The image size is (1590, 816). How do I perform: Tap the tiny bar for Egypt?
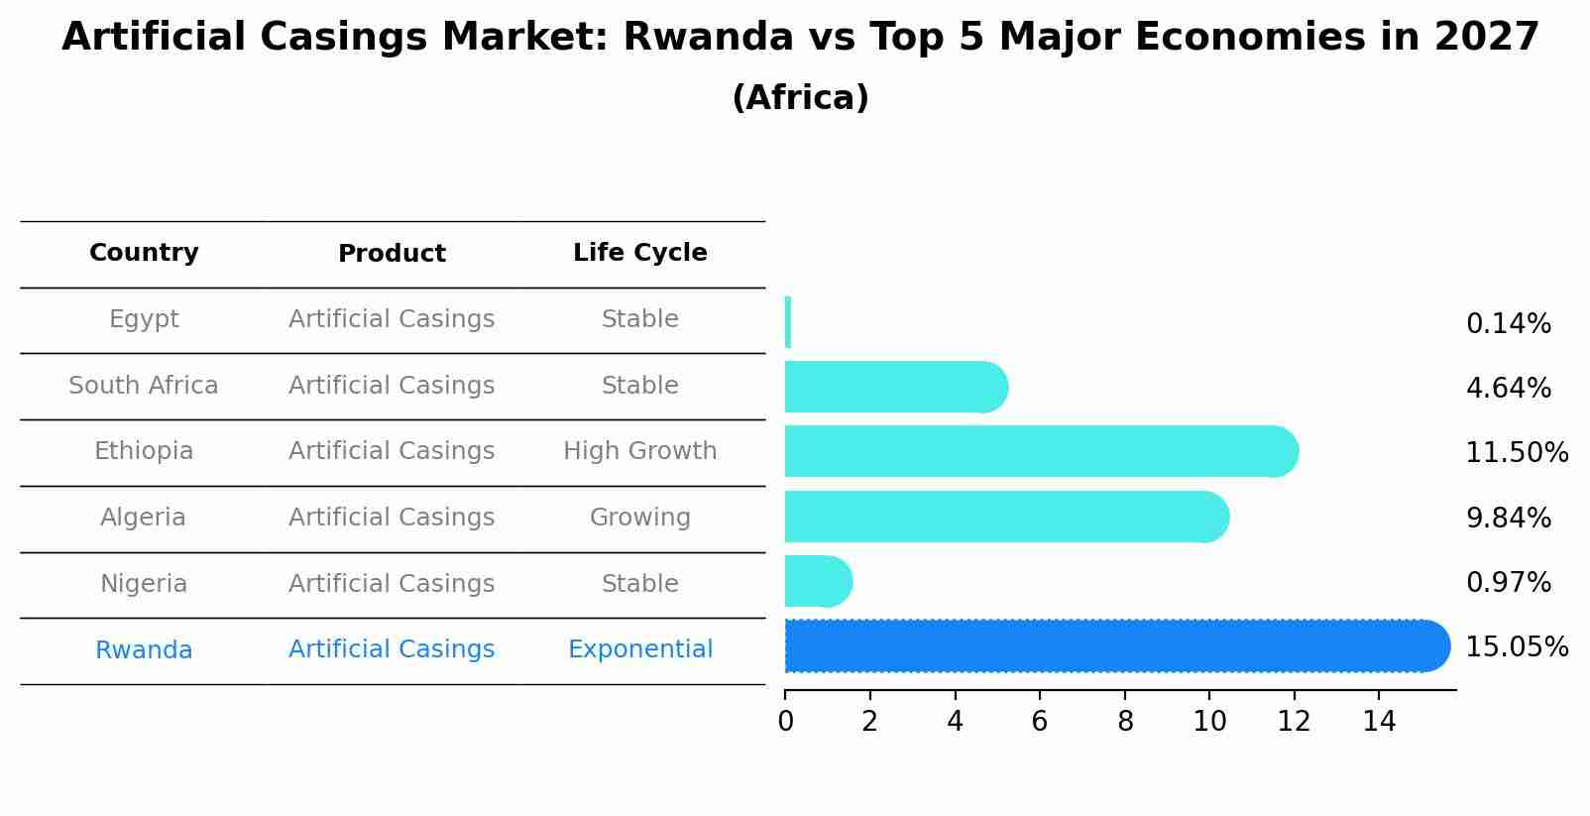tap(788, 322)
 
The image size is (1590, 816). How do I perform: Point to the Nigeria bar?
tap(815, 582)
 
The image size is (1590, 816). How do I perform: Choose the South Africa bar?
tap(892, 387)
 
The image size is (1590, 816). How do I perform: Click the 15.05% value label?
tap(1516, 647)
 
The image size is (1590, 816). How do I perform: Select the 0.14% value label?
tap(1508, 324)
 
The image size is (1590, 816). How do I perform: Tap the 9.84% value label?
tap(1508, 518)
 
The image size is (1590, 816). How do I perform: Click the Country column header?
tap(144, 253)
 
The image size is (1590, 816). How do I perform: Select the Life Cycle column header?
tap(639, 253)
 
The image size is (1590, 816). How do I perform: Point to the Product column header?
tap(392, 254)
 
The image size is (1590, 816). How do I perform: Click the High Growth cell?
tap(639, 451)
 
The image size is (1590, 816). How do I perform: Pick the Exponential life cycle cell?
tap(639, 649)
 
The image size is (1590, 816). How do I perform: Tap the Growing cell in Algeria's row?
tap(639, 518)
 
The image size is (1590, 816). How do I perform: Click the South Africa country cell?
tap(144, 386)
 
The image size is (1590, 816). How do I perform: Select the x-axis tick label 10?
tap(1209, 722)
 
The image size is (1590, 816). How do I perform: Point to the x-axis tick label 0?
tap(785, 722)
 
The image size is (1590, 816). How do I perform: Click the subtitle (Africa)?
tap(800, 98)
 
